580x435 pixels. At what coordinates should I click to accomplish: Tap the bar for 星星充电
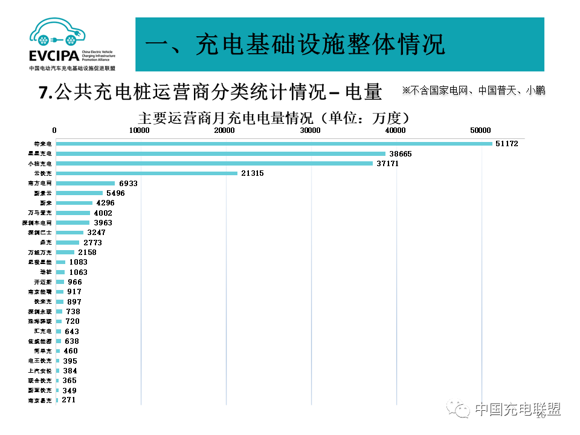[x=221, y=153]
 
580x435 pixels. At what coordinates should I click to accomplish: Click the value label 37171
[x=387, y=164]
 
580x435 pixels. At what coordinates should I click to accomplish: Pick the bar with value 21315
[x=147, y=173]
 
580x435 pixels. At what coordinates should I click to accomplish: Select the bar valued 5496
[x=79, y=193]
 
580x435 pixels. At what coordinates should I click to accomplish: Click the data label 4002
[x=103, y=213]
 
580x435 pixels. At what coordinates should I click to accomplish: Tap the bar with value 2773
[x=68, y=242]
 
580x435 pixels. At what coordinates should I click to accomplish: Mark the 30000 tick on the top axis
[x=311, y=130]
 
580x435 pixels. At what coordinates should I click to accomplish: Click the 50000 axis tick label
[x=481, y=130]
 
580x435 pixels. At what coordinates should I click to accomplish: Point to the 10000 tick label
[x=140, y=130]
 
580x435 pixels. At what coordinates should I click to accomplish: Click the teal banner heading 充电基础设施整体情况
[x=296, y=44]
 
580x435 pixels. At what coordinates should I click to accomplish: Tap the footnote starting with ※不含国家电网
[x=474, y=91]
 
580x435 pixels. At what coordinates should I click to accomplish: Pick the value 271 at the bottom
[x=68, y=400]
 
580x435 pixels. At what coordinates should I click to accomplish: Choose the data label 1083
[x=79, y=262]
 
